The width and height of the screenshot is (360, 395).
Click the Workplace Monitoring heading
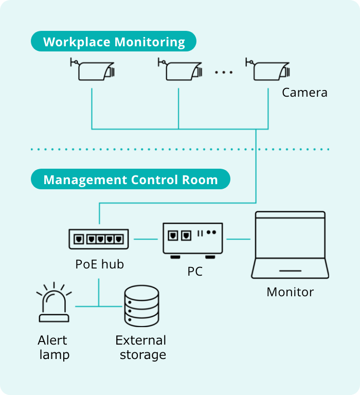tap(114, 42)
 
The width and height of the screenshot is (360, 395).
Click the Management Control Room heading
tap(130, 180)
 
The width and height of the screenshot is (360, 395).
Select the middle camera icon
tap(180, 69)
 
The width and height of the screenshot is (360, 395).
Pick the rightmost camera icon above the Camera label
tap(268, 69)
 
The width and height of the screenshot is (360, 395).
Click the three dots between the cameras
tap(224, 73)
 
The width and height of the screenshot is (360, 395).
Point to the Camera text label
tap(304, 93)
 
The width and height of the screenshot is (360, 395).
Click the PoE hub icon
tap(99, 239)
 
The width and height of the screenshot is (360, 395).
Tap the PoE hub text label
tap(99, 264)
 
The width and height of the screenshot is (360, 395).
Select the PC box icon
tap(193, 239)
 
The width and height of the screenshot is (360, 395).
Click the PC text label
tap(195, 271)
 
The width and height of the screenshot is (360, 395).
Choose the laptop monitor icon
tap(290, 244)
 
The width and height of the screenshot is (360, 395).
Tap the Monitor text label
tap(290, 292)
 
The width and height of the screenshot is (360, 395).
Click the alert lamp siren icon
tap(54, 303)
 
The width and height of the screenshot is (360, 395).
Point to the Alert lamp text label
tap(53, 347)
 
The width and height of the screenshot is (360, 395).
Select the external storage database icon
tap(142, 306)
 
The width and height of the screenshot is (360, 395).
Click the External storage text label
tap(141, 347)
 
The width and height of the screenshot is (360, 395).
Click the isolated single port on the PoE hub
tap(79, 239)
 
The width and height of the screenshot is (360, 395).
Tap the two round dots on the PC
tap(211, 232)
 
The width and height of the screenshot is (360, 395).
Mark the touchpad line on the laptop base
tap(290, 271)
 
